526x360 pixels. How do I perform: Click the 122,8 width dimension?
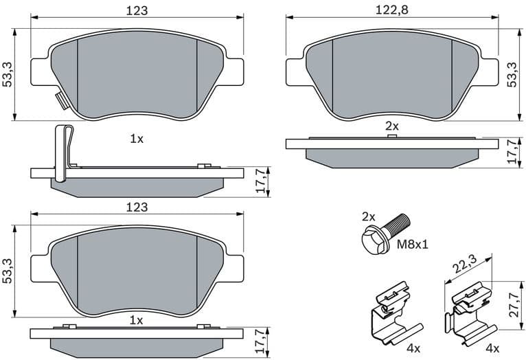391,11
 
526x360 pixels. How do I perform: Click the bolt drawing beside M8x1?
385,232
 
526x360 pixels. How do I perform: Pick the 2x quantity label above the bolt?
369,216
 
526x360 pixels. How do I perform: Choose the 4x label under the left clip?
413,349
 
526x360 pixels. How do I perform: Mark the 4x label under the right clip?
492,349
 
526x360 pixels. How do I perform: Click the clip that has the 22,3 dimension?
469,313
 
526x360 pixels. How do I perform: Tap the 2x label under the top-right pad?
391,126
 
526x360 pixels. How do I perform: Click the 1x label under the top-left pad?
137,139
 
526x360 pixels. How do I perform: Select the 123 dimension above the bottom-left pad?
137,207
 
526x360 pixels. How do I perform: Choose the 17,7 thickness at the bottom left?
260,339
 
